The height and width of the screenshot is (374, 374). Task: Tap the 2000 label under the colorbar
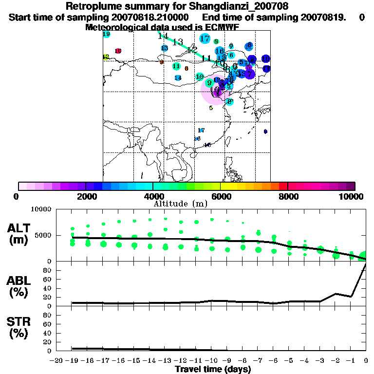86,197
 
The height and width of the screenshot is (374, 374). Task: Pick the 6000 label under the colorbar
220,197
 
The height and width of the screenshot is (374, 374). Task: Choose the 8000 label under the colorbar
288,197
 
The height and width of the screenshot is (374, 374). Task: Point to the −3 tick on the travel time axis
320,360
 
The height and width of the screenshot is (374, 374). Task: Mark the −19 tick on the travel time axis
72,360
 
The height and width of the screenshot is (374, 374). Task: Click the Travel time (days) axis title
213,370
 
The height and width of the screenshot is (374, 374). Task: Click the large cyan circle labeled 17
205,39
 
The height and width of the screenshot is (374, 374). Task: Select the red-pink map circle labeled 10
118,51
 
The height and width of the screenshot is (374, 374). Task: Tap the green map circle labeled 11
176,66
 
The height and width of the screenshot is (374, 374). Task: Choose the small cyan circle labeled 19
107,34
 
